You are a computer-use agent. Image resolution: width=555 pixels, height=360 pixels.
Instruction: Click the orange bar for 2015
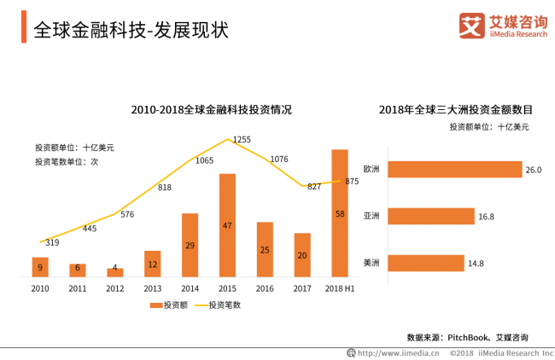tap(227, 225)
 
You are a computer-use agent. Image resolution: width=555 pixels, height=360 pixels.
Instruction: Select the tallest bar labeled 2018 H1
tap(340, 212)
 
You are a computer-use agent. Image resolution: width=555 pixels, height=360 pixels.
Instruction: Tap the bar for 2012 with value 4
tap(114, 272)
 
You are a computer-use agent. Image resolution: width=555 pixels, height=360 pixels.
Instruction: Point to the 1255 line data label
tap(242, 140)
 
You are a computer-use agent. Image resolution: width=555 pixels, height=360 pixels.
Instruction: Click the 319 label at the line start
tap(51, 243)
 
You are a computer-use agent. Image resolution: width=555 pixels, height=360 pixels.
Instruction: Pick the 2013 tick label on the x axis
tap(152, 288)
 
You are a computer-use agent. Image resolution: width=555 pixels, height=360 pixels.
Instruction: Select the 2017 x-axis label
tap(302, 288)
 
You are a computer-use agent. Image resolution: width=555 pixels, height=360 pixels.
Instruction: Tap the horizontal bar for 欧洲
tap(453, 169)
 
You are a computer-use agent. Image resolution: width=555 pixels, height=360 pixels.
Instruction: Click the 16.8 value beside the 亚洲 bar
tap(487, 218)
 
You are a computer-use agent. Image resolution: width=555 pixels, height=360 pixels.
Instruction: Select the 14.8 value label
tap(476, 264)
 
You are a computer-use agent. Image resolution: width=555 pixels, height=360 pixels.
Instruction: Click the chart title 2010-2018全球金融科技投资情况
tap(211, 110)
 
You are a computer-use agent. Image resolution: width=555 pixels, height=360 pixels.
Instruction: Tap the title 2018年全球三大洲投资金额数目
tap(456, 110)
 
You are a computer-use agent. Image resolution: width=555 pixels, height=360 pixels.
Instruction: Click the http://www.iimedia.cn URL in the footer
tap(397, 352)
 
